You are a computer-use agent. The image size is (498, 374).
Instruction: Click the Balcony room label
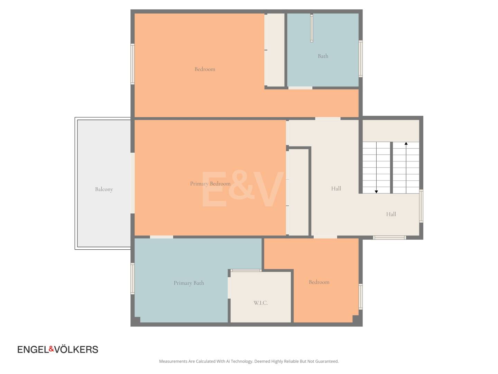pyautogui.click(x=104, y=189)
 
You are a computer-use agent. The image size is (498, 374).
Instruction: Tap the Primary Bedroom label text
pyautogui.click(x=210, y=184)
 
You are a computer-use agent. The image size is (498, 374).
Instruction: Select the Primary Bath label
pyautogui.click(x=188, y=283)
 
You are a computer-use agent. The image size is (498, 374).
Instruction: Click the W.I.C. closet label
pyautogui.click(x=260, y=303)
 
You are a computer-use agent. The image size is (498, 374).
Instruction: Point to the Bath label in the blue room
pyautogui.click(x=323, y=56)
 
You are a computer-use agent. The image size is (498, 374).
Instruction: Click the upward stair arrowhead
pyautogui.click(x=406, y=143)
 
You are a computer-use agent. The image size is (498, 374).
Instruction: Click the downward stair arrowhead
pyautogui.click(x=376, y=192)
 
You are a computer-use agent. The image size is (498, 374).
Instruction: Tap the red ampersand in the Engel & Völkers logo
pyautogui.click(x=51, y=349)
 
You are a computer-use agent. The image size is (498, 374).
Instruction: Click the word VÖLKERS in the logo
pyautogui.click(x=76, y=349)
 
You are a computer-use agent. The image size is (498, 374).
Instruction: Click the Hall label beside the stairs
pyautogui.click(x=336, y=188)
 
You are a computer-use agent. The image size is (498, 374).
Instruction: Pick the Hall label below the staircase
pyautogui.click(x=391, y=214)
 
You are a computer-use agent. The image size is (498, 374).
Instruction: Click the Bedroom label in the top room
pyautogui.click(x=205, y=69)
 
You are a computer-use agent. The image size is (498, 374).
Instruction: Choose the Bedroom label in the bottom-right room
pyautogui.click(x=319, y=282)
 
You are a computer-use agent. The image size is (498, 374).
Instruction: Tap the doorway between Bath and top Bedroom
pyautogui.click(x=300, y=88)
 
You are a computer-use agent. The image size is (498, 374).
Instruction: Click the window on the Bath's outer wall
pyautogui.click(x=360, y=59)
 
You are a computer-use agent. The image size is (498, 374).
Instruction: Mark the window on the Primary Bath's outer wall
pyautogui.click(x=132, y=279)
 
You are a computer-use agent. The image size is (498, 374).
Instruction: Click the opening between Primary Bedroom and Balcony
pyautogui.click(x=132, y=183)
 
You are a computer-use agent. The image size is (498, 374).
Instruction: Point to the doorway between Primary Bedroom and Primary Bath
pyautogui.click(x=162, y=237)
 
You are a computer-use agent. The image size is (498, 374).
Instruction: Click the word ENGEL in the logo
pyautogui.click(x=33, y=349)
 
